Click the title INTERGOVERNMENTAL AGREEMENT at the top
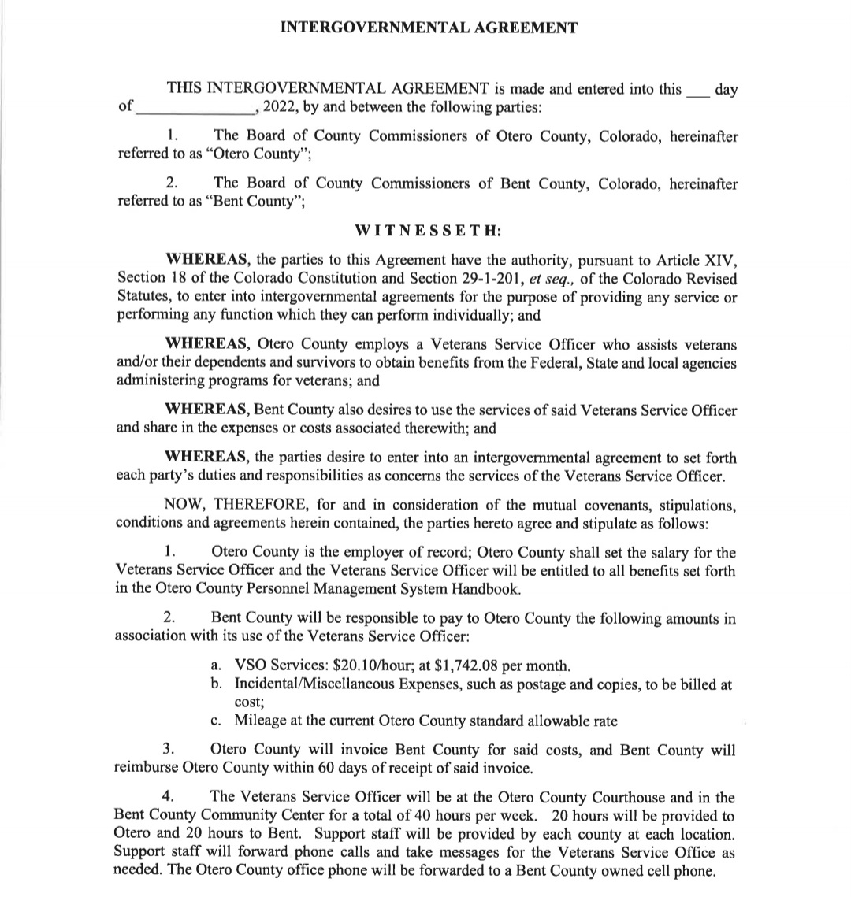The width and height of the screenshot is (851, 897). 429,28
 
